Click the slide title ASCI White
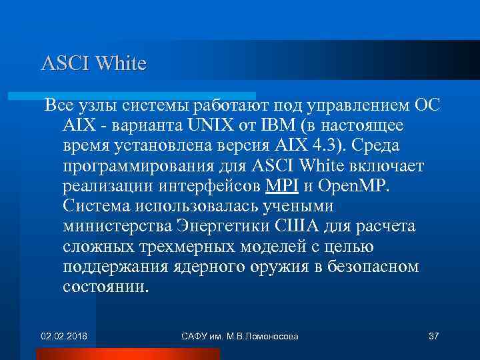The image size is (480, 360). pyautogui.click(x=93, y=64)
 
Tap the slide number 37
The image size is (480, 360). pyautogui.click(x=433, y=335)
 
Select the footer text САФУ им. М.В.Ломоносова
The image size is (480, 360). pyautogui.click(x=239, y=335)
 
